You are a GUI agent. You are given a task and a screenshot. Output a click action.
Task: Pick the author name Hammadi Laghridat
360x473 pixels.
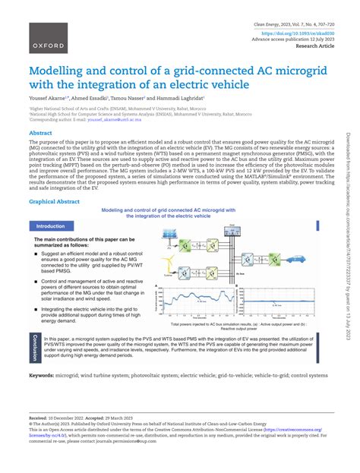pyautogui.click(x=182, y=98)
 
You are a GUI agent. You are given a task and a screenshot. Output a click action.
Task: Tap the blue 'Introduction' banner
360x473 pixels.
pyautogui.click(x=50, y=226)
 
